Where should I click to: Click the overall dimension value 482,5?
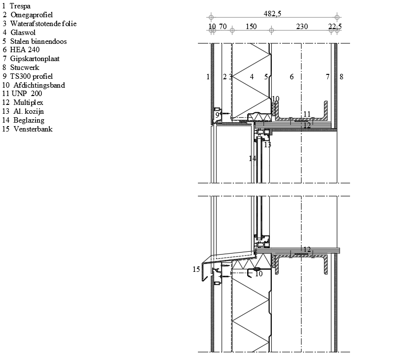click(272, 14)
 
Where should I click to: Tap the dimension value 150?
click(251, 26)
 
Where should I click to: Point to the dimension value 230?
click(302, 26)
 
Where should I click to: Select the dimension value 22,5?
click(335, 26)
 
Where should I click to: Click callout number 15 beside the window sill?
click(196, 269)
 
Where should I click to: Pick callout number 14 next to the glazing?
click(253, 159)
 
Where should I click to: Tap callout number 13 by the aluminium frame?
click(267, 144)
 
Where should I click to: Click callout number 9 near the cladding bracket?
click(217, 115)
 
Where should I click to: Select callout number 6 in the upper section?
click(292, 77)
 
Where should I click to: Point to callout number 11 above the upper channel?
click(307, 114)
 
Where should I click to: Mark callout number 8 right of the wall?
click(342, 77)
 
